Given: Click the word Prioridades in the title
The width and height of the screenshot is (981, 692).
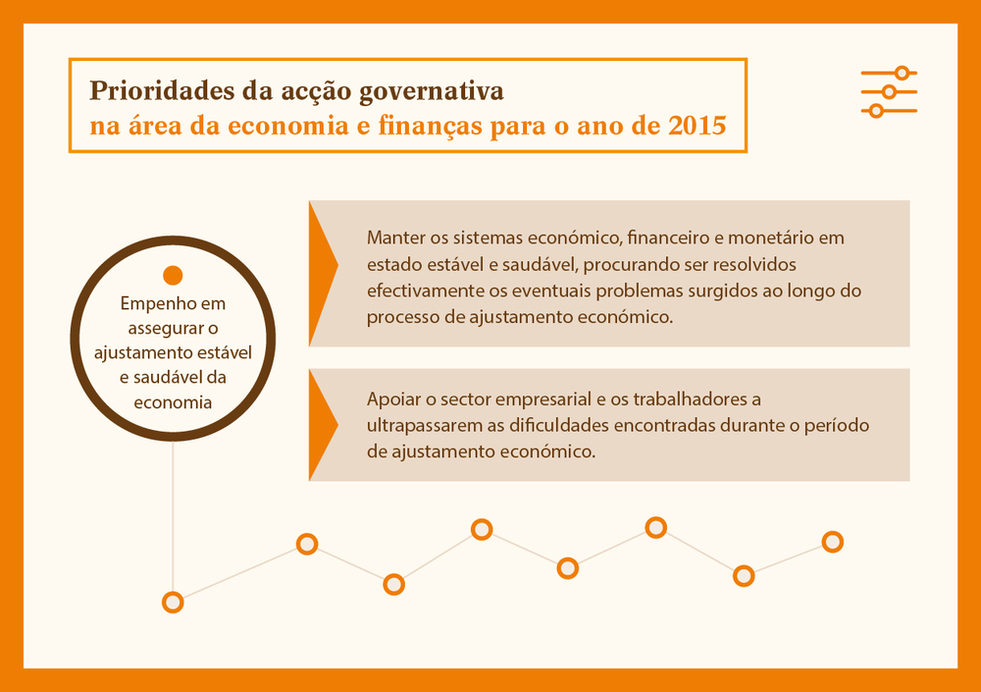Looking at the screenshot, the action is pos(162,91).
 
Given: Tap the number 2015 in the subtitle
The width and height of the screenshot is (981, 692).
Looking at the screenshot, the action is pos(697,126).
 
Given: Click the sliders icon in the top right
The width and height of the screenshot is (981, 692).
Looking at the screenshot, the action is pos(889,92).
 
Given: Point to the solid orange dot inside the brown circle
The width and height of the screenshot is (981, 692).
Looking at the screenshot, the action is pos(173,275).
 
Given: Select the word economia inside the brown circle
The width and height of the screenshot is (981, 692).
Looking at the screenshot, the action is pos(173,402).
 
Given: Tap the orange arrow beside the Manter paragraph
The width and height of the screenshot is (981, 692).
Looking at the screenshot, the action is pos(323,273).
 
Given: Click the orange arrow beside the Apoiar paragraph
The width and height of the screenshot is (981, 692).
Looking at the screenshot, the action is pos(323,425).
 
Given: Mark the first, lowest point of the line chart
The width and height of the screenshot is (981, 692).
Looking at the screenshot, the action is pos(173,602).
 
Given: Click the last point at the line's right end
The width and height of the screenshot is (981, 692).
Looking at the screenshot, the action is pos(833,542).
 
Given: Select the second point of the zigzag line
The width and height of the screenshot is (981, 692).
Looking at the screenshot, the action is pos(307,544).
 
